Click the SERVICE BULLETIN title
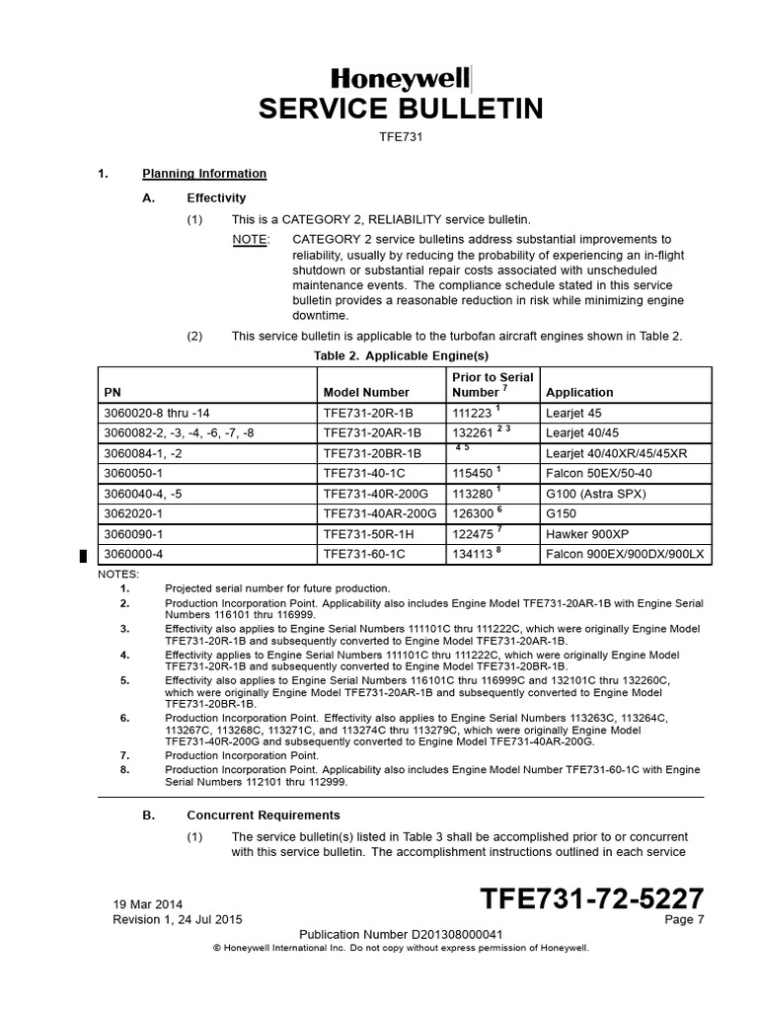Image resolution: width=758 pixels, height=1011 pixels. click(401, 109)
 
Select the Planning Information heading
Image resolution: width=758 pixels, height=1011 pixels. click(204, 174)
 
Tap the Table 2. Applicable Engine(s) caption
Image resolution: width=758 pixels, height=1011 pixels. click(401, 355)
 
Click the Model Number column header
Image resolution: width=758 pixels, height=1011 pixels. click(365, 392)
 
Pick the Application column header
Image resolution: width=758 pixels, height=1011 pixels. click(579, 392)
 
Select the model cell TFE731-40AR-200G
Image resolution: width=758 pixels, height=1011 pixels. click(379, 514)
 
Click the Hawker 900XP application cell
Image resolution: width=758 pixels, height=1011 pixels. click(589, 535)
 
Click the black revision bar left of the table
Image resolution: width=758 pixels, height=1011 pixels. click(84, 556)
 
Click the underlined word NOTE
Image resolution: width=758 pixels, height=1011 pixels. click(248, 240)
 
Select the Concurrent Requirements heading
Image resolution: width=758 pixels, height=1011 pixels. click(264, 816)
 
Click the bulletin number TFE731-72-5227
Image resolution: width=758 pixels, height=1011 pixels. click(591, 898)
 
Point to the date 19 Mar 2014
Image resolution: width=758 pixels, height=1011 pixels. click(148, 903)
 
